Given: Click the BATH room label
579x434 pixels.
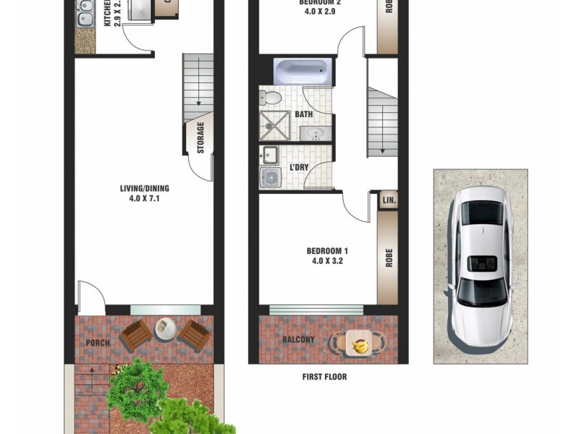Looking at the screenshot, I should [x=304, y=115].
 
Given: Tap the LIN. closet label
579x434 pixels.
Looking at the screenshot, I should [x=387, y=200].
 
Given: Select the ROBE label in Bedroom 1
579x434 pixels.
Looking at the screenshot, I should [x=388, y=258].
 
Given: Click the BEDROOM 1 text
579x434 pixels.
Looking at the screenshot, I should [x=326, y=251].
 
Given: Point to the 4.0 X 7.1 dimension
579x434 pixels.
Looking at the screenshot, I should [x=145, y=198].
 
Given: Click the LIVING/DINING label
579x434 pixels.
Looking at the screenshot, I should [x=145, y=189].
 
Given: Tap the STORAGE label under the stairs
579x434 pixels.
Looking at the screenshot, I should [x=200, y=137].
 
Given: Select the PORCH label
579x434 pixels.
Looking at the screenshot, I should [x=98, y=342].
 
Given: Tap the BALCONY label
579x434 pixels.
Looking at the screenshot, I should [x=298, y=340].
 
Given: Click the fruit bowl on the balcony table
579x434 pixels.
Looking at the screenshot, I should [x=359, y=345].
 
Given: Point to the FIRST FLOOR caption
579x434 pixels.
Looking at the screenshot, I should [x=324, y=377].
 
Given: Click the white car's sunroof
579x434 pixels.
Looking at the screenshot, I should [x=480, y=265].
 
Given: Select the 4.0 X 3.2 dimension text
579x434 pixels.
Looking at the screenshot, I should [x=326, y=261].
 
